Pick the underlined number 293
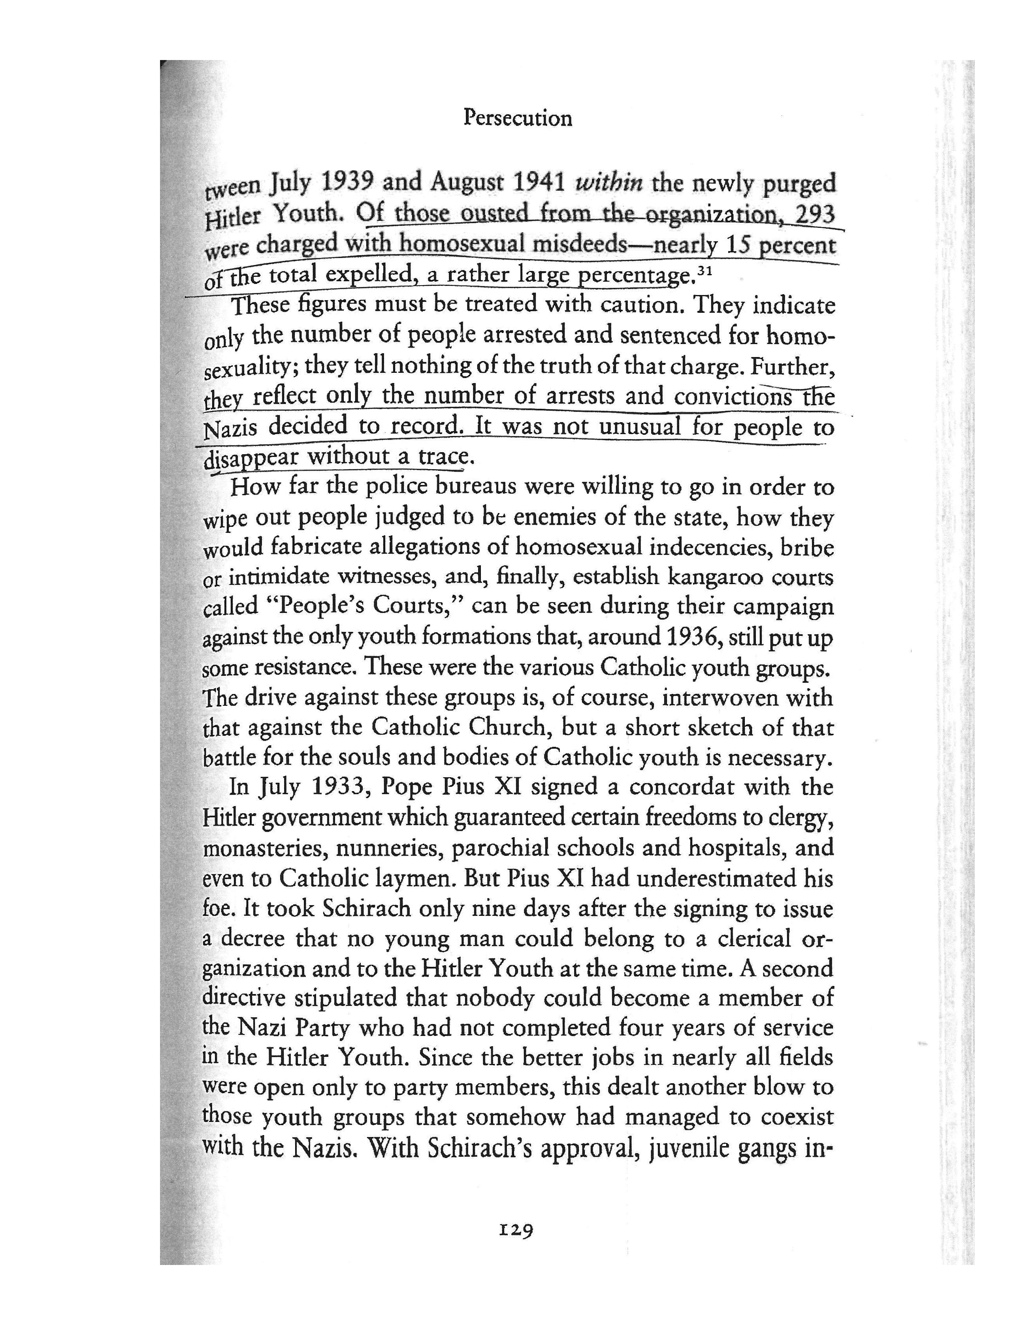click(815, 214)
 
